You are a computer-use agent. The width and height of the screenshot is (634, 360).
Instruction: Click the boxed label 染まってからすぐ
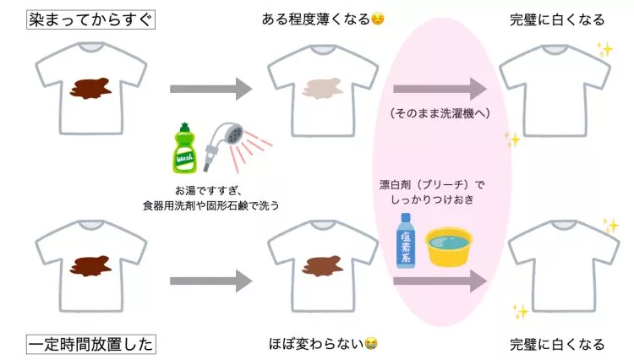coord(90,19)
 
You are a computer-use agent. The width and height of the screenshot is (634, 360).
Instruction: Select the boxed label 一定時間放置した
coord(91,344)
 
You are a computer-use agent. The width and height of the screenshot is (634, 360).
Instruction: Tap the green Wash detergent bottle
coord(185,148)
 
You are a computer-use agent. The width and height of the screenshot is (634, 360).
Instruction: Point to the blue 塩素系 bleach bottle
coord(406,240)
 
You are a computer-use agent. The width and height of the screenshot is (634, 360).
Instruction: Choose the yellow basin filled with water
coord(449,247)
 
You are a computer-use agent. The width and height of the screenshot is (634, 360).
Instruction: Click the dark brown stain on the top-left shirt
coord(91,89)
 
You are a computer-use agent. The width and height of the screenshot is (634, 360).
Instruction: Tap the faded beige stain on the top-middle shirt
coord(323,89)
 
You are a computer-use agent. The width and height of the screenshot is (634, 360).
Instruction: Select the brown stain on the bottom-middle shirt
coord(323,266)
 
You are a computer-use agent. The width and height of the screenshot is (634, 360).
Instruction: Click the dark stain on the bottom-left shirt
coord(91,266)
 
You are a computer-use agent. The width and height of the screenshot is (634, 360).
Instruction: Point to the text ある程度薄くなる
coord(316,19)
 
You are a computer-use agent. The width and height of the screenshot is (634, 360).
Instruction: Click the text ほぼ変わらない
coord(316,344)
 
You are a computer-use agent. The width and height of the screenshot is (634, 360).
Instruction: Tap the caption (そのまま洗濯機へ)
coord(440,113)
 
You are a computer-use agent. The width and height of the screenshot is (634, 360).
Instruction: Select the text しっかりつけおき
coord(432,199)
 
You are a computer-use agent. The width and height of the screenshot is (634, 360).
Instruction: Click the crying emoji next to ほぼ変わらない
coord(371,344)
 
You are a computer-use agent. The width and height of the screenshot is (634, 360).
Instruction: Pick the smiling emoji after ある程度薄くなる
coord(378,19)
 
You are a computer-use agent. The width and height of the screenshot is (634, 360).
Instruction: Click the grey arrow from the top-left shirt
coord(211,89)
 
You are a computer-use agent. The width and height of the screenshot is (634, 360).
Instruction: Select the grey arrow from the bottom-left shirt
coord(211,281)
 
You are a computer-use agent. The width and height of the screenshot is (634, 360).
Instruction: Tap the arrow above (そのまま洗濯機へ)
coord(440,89)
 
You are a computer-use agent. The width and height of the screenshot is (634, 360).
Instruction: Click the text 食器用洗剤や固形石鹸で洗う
coord(211,205)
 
